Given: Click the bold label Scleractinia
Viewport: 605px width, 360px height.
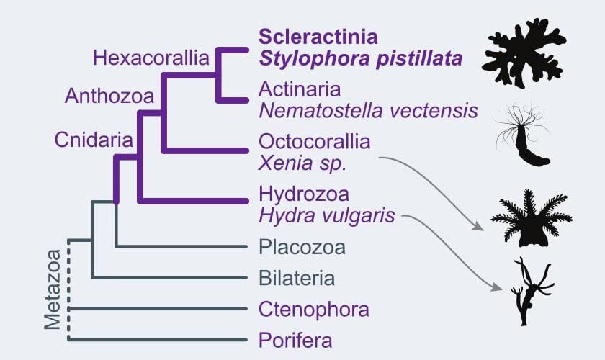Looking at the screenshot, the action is pyautogui.click(x=318, y=37).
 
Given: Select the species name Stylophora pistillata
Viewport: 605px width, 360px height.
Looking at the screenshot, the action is pyautogui.click(x=361, y=58).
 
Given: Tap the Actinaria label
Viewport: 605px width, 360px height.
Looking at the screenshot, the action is pyautogui.click(x=300, y=89).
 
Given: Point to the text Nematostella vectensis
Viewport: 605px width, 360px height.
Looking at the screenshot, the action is pyautogui.click(x=369, y=111).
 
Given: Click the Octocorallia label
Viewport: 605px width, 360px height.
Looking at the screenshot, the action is pyautogui.click(x=315, y=142).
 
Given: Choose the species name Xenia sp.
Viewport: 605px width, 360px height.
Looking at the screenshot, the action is pyautogui.click(x=302, y=163).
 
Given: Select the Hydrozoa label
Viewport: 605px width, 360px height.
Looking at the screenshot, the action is pyautogui.click(x=304, y=194).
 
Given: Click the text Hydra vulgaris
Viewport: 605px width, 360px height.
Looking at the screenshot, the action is pyautogui.click(x=327, y=215).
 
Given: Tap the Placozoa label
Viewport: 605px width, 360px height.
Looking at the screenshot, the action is pyautogui.click(x=302, y=248).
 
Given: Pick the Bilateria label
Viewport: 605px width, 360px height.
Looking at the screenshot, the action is pyautogui.click(x=297, y=278).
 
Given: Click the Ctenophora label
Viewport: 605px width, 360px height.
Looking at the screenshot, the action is pyautogui.click(x=314, y=310).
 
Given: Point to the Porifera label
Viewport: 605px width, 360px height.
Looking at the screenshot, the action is pyautogui.click(x=295, y=341).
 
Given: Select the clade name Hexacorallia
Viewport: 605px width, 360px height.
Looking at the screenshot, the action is pyautogui.click(x=151, y=58).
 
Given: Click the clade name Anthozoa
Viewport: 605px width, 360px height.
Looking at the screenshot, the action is pyautogui.click(x=109, y=96).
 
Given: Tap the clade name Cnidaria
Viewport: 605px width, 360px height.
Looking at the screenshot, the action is pyautogui.click(x=94, y=140).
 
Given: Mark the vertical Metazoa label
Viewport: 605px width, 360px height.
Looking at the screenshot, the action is pyautogui.click(x=53, y=289).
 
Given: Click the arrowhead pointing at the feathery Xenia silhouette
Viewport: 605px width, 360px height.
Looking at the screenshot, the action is pyautogui.click(x=478, y=227).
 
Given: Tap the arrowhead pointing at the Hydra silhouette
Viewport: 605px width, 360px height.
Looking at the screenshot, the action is pyautogui.click(x=497, y=287).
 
